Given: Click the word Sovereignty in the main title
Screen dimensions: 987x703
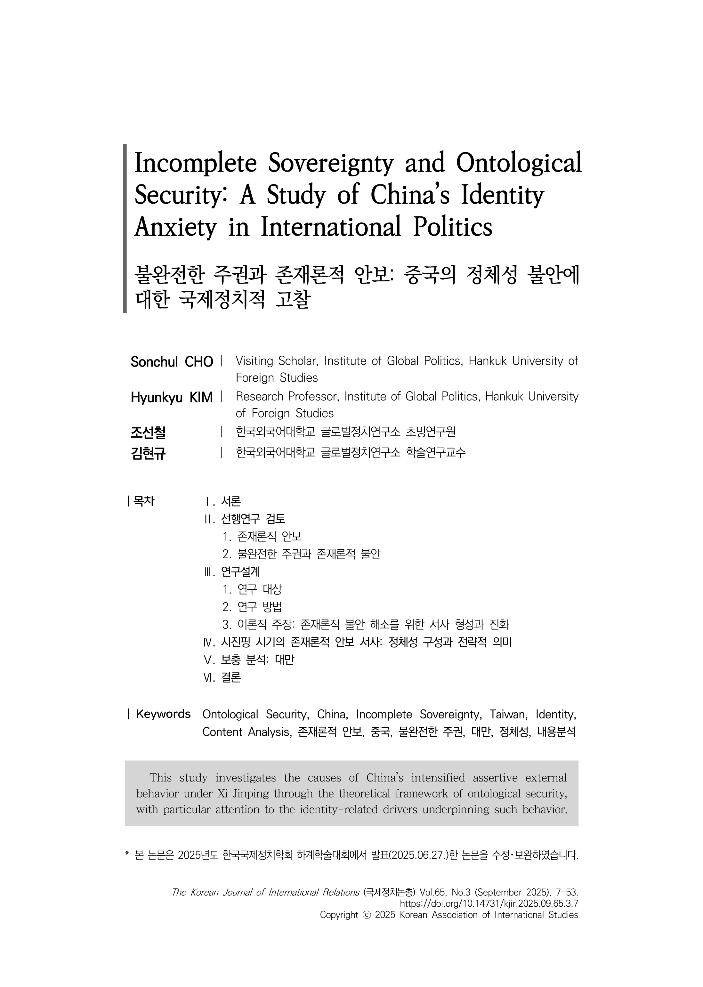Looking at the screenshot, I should click(x=331, y=164).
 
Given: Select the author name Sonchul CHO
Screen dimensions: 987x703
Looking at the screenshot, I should click(x=172, y=362).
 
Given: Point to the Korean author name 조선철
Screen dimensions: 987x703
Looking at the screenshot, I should click(x=148, y=432).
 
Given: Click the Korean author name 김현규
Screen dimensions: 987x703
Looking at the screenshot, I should click(x=148, y=453).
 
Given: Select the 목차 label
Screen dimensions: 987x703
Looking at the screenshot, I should click(x=144, y=501).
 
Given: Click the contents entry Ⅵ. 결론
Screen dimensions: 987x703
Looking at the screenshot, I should click(x=222, y=677).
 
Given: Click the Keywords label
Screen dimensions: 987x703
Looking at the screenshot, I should click(x=163, y=714).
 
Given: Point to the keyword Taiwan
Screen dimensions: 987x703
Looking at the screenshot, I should click(x=508, y=714).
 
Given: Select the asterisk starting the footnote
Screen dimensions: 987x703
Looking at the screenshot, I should click(x=127, y=854).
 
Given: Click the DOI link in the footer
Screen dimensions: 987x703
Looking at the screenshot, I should click(x=489, y=903).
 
